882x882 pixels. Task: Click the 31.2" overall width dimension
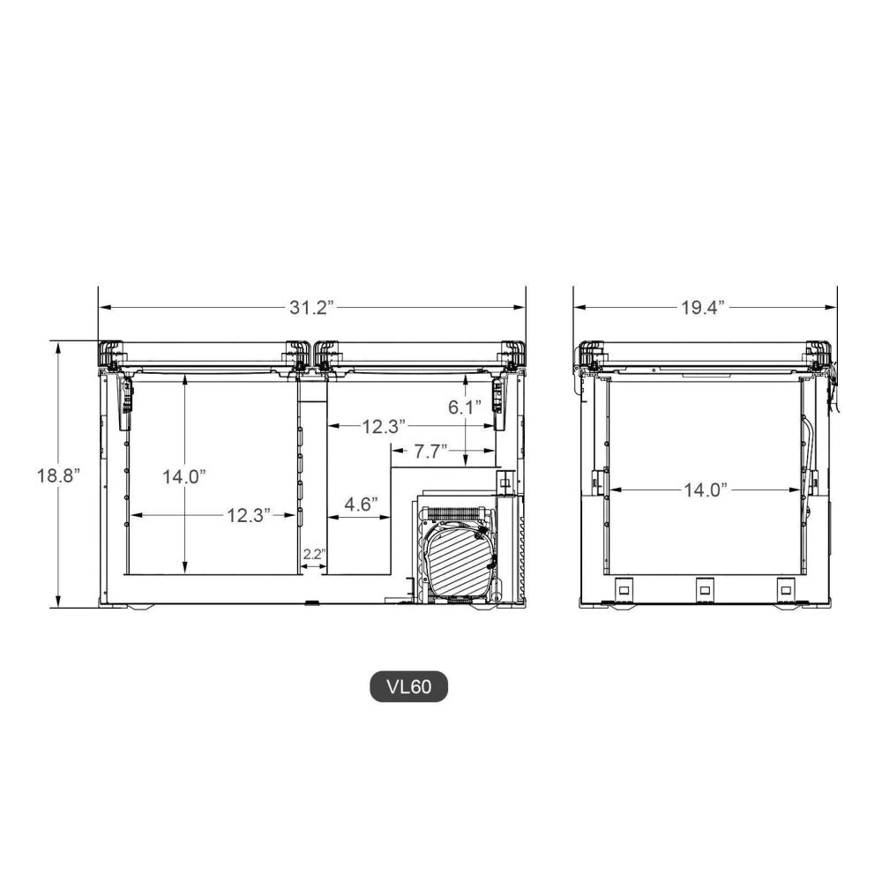310,308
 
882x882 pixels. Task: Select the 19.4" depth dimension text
704,308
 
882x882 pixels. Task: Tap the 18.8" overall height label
58,475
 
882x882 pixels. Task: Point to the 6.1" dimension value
466,407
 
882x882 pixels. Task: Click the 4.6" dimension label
360,505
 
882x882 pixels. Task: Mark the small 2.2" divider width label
314,554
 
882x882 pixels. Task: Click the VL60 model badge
408,687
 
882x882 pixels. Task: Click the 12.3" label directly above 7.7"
383,427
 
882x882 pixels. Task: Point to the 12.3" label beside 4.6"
246,516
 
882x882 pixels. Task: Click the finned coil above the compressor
457,512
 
